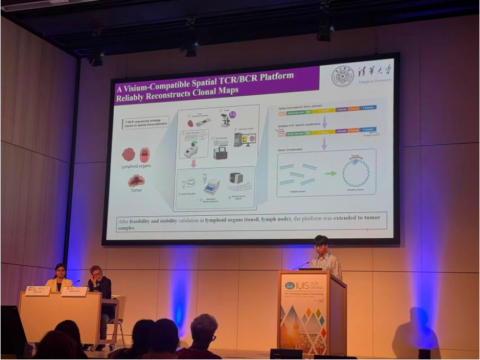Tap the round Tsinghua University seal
point(343,76)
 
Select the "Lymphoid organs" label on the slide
point(137,166)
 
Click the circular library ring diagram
point(356,172)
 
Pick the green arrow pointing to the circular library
point(330,173)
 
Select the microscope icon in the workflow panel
point(226,120)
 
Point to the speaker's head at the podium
point(321,243)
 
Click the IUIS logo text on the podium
point(304,285)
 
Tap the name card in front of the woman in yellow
point(37,291)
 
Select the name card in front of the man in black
point(74,291)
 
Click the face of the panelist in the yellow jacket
point(60,270)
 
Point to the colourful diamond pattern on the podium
point(314,323)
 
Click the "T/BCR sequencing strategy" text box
point(145,123)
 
